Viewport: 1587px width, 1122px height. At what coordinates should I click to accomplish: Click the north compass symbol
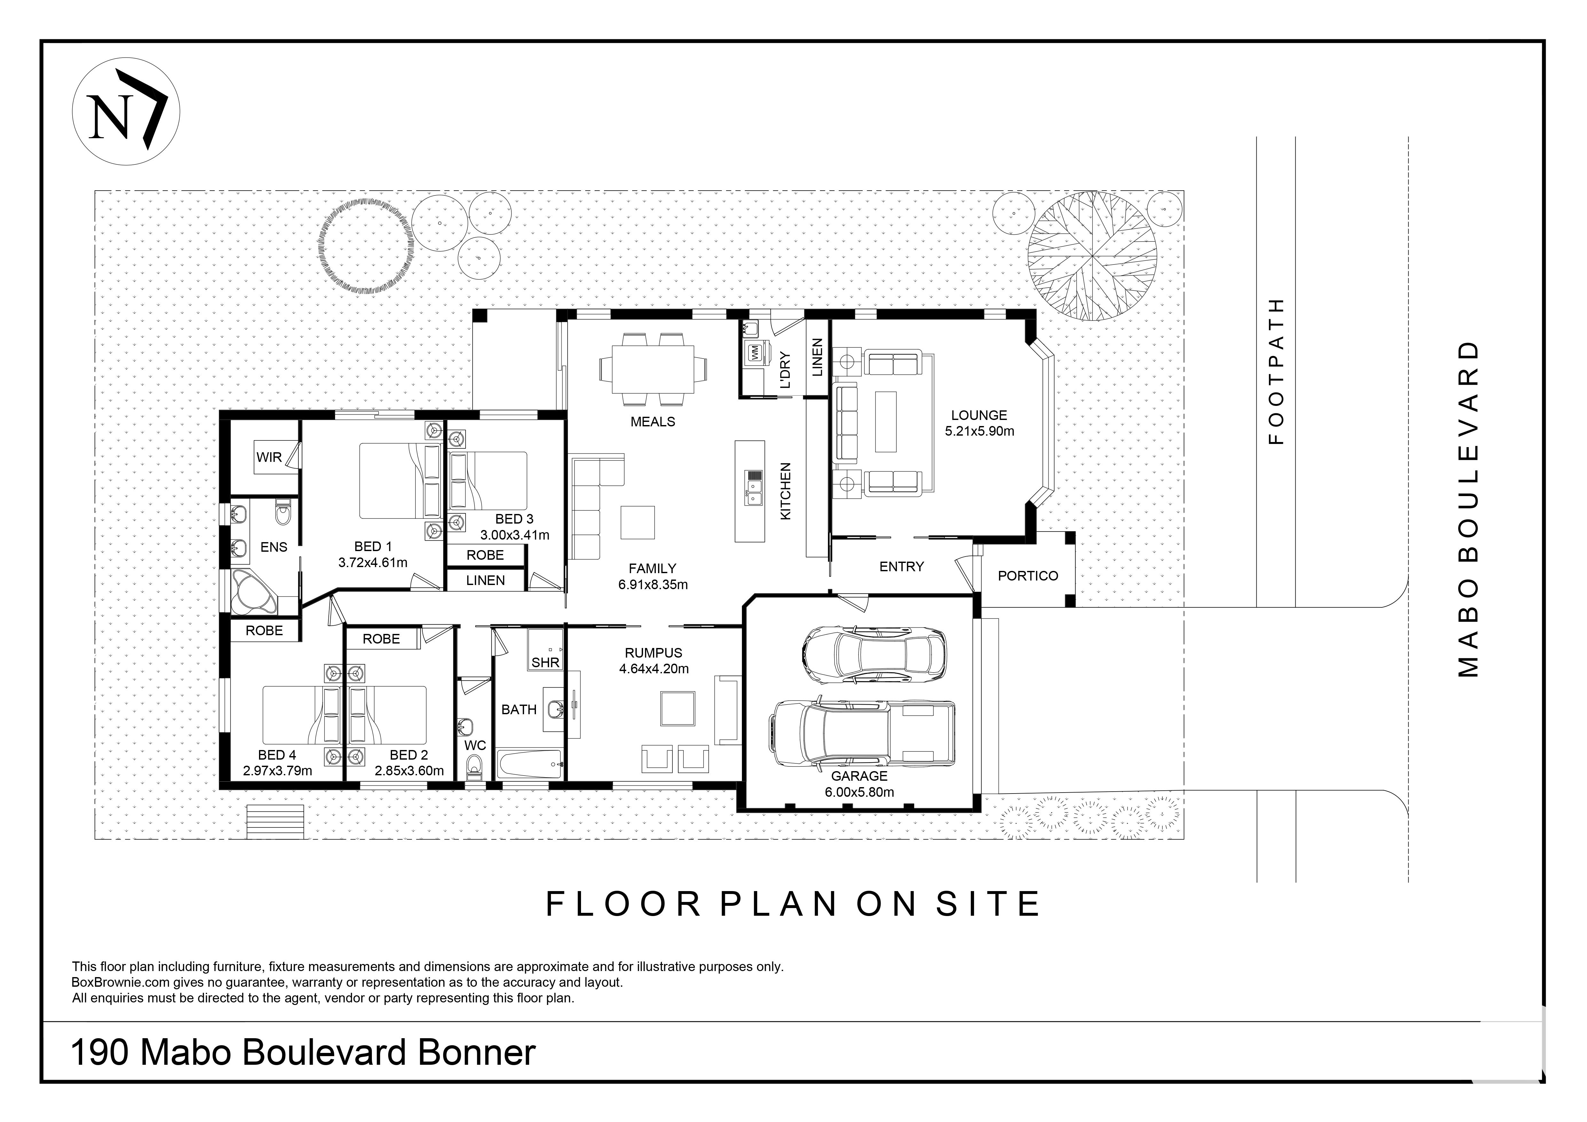pyautogui.click(x=126, y=111)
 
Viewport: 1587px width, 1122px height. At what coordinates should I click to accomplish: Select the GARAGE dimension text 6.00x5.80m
pyautogui.click(x=859, y=792)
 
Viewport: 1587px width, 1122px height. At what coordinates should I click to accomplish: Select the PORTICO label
pyautogui.click(x=1028, y=576)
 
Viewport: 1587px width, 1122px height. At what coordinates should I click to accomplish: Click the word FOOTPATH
pyautogui.click(x=1276, y=371)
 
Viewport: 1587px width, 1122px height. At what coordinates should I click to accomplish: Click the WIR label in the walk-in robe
pyautogui.click(x=269, y=457)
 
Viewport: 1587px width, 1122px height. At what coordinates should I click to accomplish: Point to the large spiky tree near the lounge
pyautogui.click(x=1092, y=257)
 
